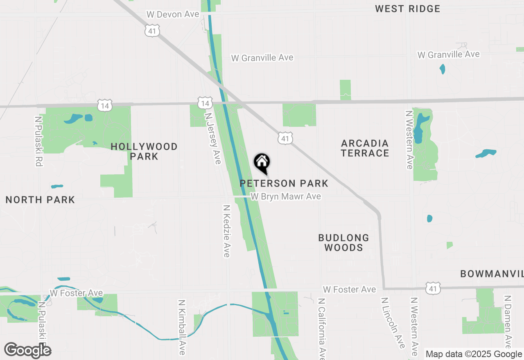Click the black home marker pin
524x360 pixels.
tap(262, 163)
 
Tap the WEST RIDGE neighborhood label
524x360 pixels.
tap(407, 9)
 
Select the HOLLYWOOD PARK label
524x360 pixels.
tap(144, 151)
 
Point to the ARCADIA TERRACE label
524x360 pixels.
tap(365, 148)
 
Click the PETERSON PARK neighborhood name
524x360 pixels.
tap(284, 183)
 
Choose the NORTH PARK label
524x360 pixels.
tap(40, 200)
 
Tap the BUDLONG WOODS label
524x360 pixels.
tap(343, 243)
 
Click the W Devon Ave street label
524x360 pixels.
tap(173, 14)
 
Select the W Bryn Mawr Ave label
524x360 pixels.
tap(286, 197)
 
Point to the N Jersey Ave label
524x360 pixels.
tap(213, 139)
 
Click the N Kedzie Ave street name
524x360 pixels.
tap(226, 231)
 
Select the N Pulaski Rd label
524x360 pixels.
tap(38, 141)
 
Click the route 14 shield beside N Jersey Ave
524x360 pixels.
tap(204, 103)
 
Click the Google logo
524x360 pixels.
tap(28, 350)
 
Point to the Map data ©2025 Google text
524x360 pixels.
tap(474, 354)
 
